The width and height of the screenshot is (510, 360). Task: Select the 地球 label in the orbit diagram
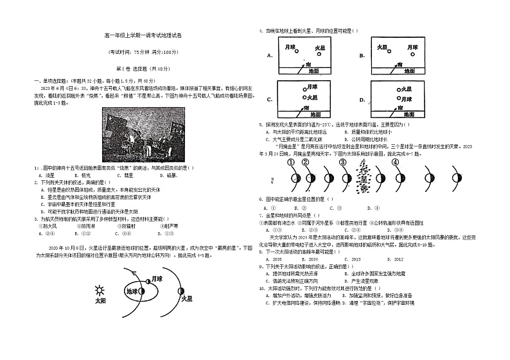pos(133,291)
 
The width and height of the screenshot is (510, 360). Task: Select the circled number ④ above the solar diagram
pos(395,163)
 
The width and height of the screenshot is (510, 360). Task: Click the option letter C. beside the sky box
pos(269,99)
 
